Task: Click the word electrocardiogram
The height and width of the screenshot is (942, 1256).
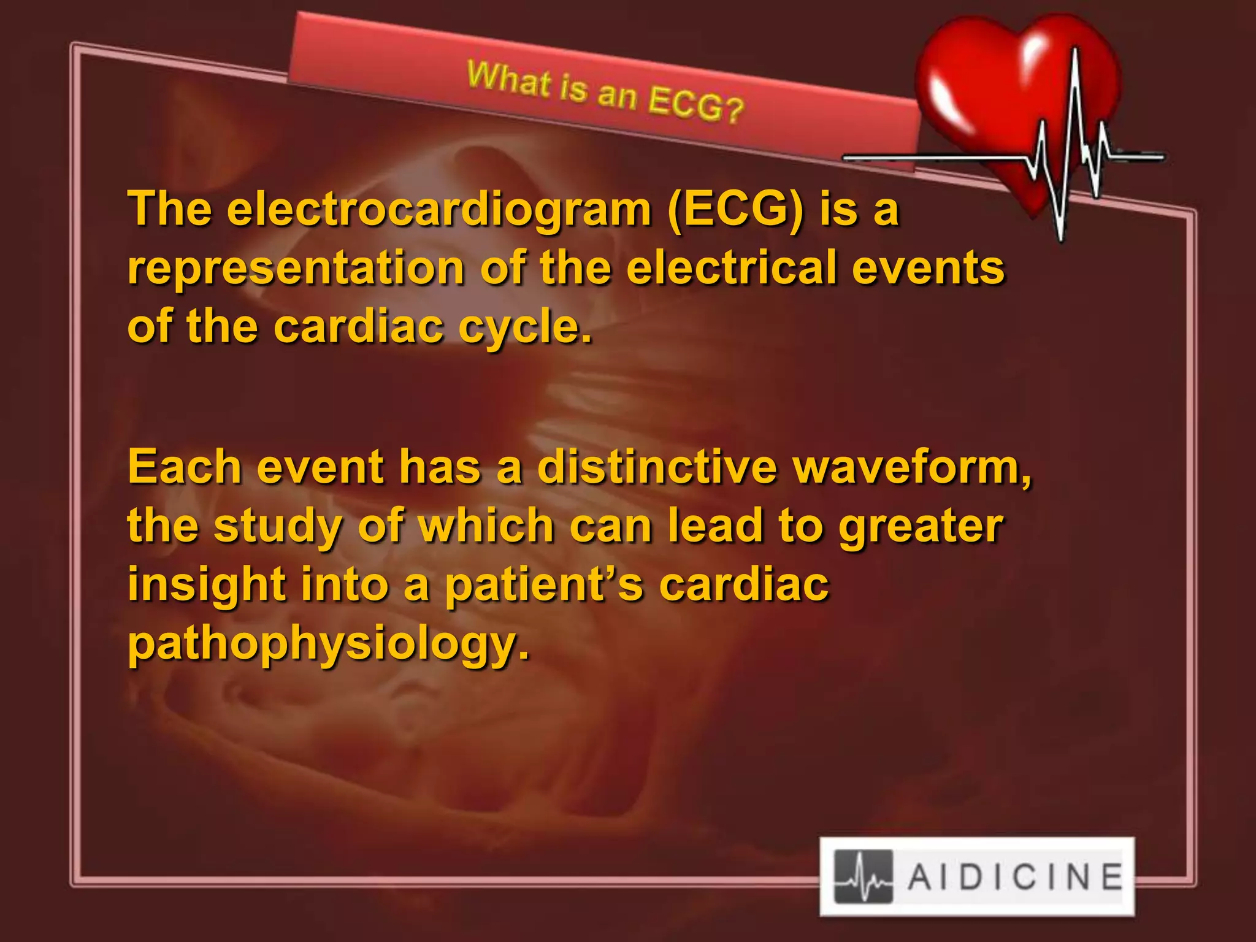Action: (438, 209)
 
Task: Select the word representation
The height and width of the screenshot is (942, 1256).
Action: (296, 268)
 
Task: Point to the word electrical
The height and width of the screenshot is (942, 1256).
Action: (731, 268)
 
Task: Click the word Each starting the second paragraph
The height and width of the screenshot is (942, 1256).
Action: (185, 467)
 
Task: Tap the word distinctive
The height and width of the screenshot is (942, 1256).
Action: (657, 467)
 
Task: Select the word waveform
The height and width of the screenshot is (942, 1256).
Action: (911, 467)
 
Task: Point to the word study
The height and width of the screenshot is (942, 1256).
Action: (277, 526)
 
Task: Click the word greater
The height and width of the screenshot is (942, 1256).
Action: (921, 526)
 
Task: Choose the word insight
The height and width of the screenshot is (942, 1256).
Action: (207, 584)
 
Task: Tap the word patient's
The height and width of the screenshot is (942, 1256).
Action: (543, 584)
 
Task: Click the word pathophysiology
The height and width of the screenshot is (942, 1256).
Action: (328, 644)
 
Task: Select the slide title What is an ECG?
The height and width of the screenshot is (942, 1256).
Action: (605, 94)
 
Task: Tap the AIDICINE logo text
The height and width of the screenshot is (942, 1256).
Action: (1015, 876)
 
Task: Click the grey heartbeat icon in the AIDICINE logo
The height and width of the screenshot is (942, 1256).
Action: (863, 876)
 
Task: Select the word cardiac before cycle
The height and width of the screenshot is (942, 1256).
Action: (358, 327)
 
